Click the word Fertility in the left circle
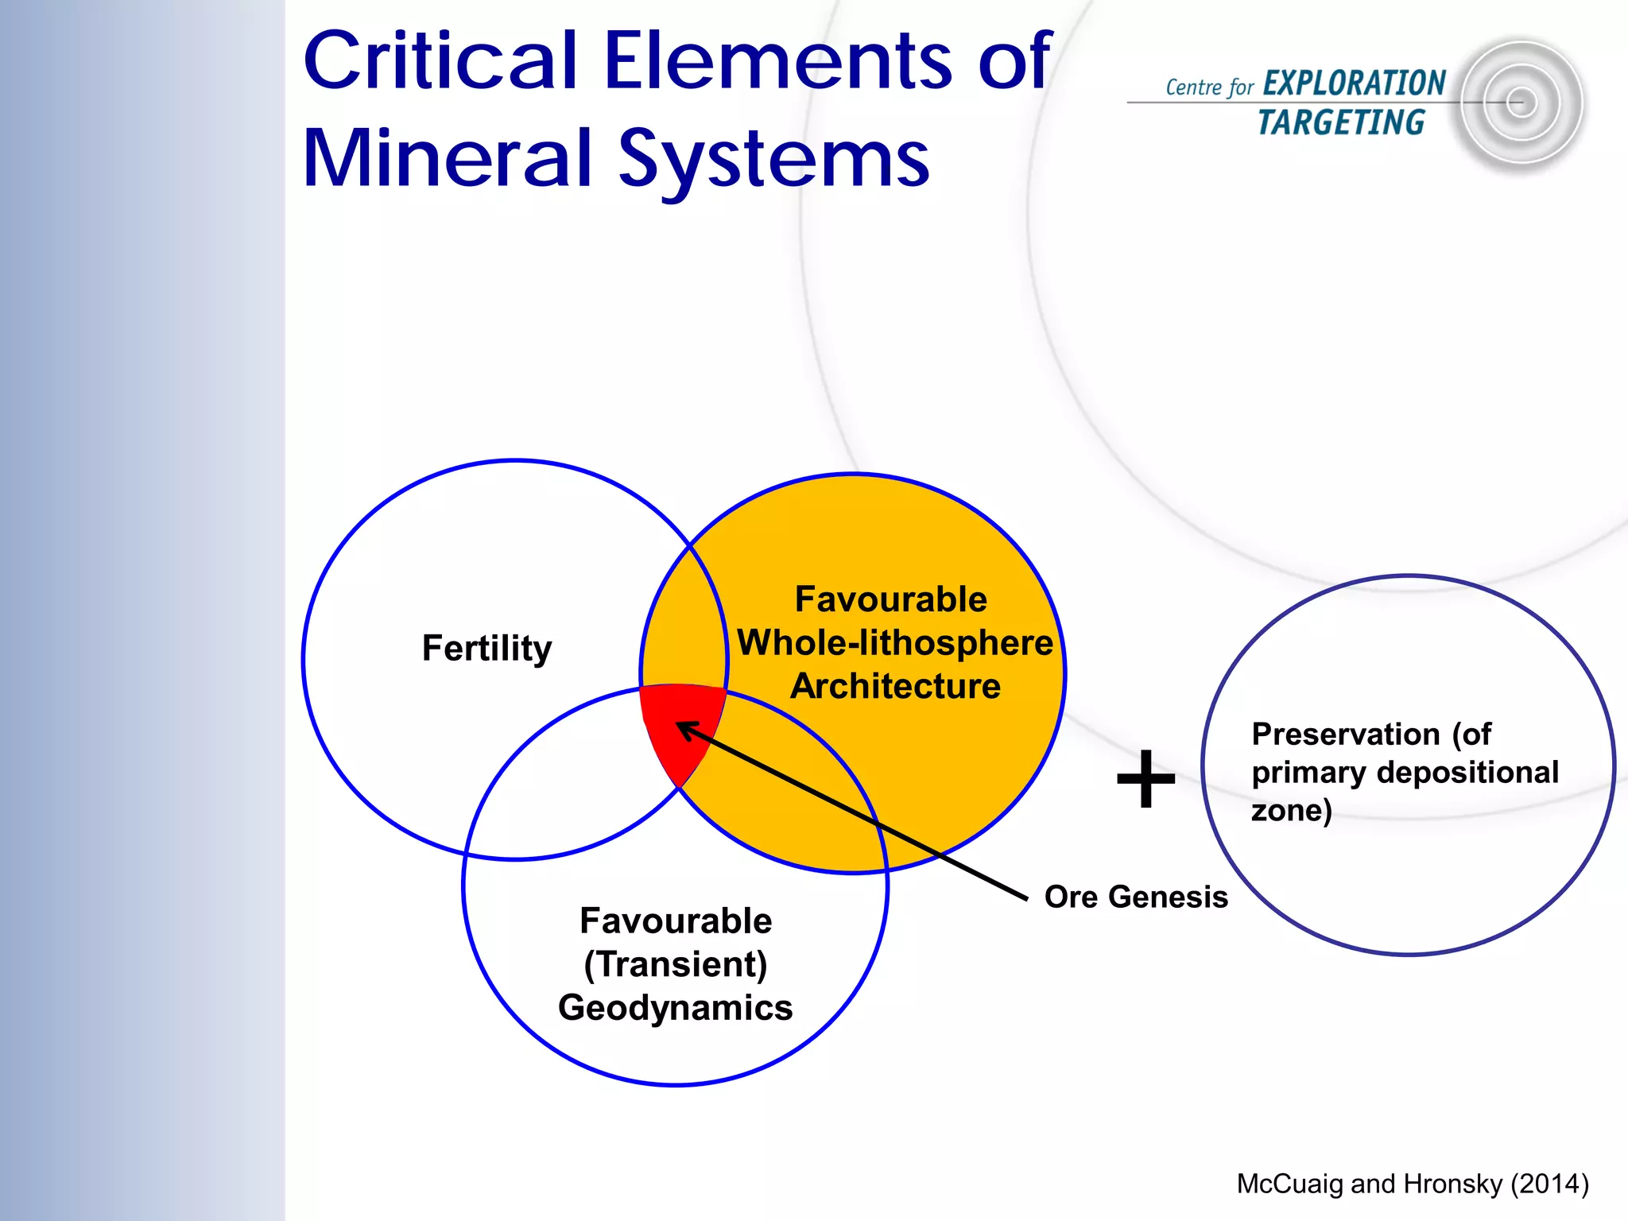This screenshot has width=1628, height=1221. point(486,649)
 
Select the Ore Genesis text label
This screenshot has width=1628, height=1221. point(1135,897)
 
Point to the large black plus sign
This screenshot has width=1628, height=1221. point(1145,779)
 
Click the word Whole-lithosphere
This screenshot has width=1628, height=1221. point(895,643)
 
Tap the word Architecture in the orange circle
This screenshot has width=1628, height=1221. point(895,686)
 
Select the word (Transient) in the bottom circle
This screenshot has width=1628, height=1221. point(676,964)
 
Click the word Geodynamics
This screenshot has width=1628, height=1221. point(676,1008)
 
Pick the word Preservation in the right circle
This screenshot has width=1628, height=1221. point(1345,735)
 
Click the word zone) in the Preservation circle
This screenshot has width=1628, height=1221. point(1291,811)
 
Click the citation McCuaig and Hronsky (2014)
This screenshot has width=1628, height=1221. point(1412,1184)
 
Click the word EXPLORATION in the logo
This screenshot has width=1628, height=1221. point(1354,83)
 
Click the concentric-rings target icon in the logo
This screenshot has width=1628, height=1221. point(1520,103)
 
